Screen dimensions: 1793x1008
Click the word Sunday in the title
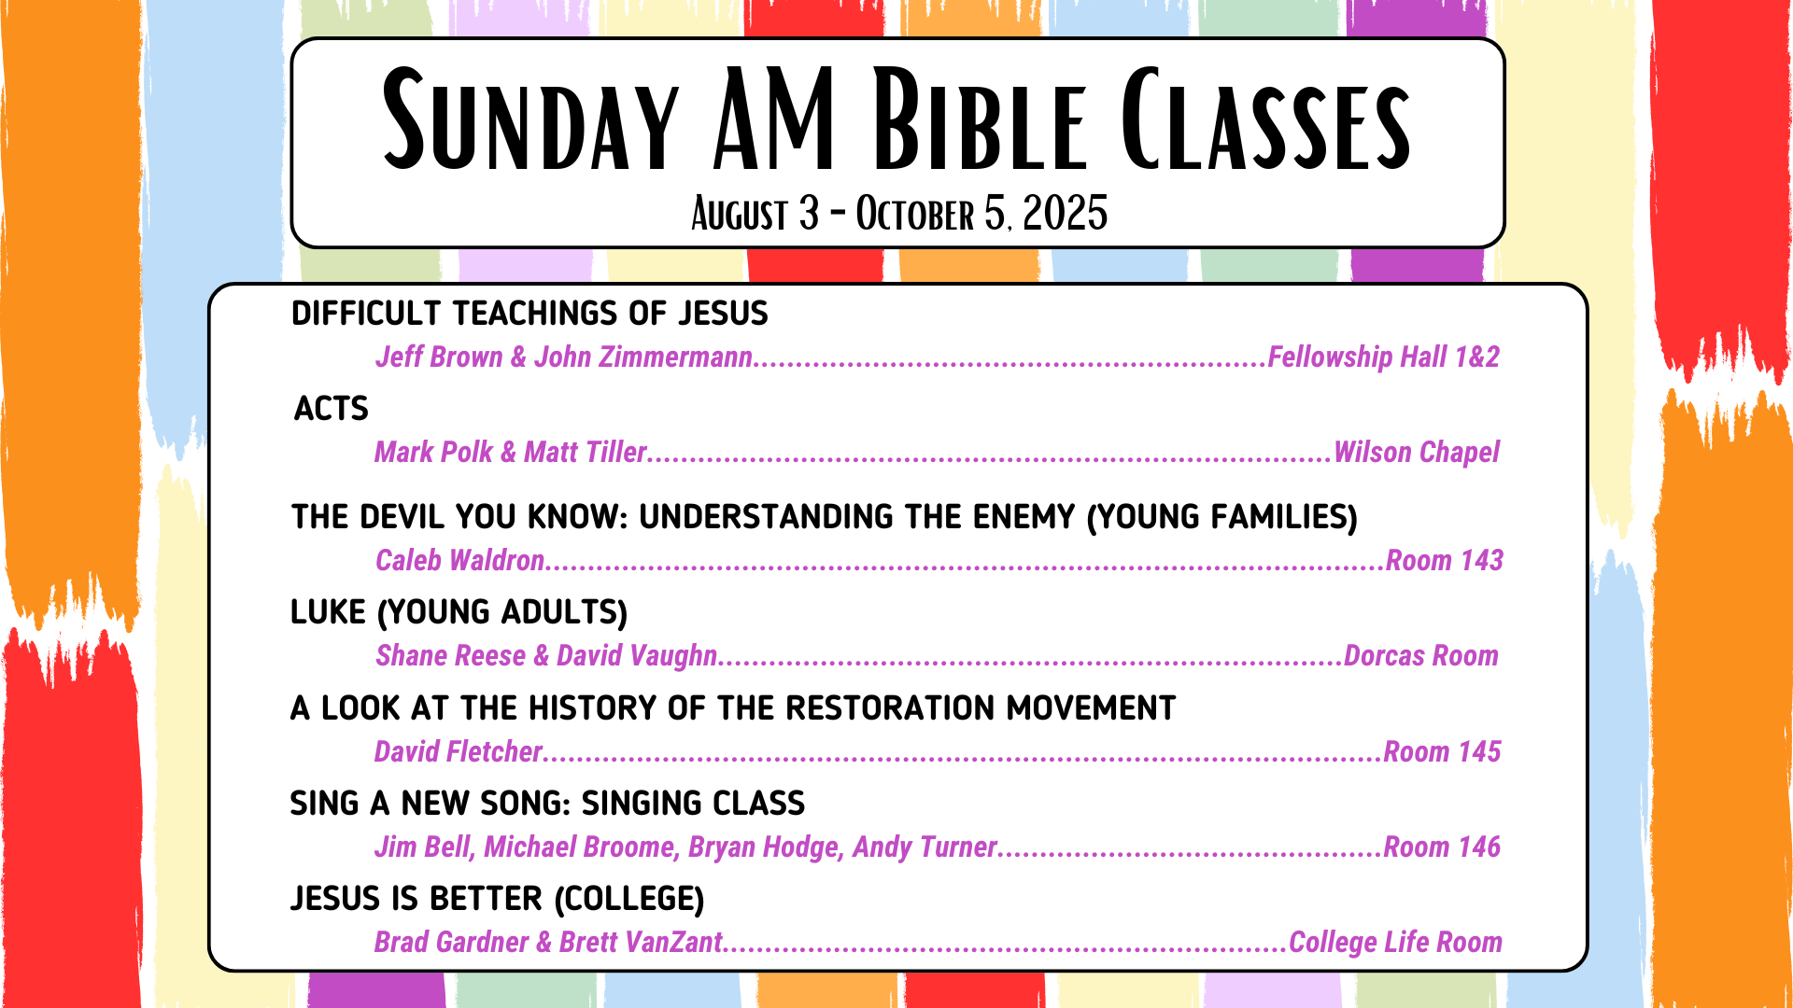(x=530, y=120)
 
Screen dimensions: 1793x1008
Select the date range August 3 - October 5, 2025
(x=899, y=214)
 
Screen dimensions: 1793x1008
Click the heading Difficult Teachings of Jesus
(x=529, y=314)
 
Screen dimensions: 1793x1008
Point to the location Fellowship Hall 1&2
(x=1384, y=357)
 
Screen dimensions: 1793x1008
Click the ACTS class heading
(x=332, y=409)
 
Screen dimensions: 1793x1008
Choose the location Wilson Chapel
(x=1417, y=453)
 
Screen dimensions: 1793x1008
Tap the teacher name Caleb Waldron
(x=459, y=560)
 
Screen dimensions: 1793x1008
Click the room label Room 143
(x=1445, y=560)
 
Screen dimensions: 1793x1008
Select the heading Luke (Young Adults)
(x=459, y=612)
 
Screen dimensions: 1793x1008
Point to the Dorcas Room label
(x=1421, y=655)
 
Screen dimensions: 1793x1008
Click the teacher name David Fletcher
(x=459, y=751)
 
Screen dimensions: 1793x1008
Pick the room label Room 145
(x=1442, y=751)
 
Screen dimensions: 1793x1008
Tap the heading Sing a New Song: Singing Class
(x=547, y=804)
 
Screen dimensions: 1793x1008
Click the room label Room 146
(x=1442, y=847)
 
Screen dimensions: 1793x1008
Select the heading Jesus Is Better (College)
(x=497, y=899)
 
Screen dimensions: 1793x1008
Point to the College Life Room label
(x=1395, y=943)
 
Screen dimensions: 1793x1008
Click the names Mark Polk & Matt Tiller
(x=511, y=453)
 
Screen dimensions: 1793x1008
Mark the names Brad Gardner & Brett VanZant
(x=549, y=943)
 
